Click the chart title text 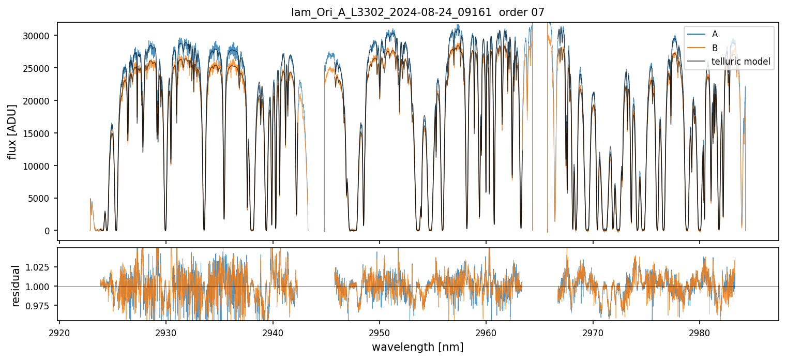coord(418,12)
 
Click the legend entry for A coord(715,34)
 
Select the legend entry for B coord(715,48)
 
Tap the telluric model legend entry coord(741,62)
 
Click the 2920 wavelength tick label coord(59,332)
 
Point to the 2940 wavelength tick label coord(273,332)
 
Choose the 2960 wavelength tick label coord(487,332)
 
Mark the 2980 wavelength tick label coord(700,332)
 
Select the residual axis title coord(16,286)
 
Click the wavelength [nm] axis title coord(418,347)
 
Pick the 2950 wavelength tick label coord(380,332)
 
